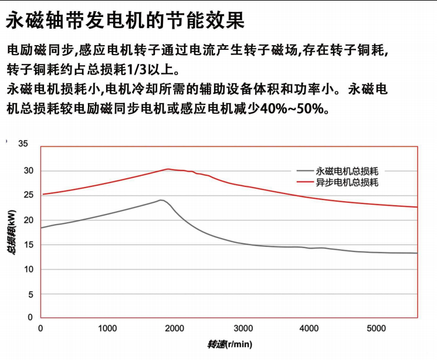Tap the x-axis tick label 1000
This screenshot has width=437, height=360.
point(107,328)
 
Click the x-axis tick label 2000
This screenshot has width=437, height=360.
point(175,328)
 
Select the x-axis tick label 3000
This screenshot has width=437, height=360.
point(242,328)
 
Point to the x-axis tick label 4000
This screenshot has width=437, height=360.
point(309,328)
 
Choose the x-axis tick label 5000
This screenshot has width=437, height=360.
point(377,328)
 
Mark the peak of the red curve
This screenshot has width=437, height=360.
point(168,169)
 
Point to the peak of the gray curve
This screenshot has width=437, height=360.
point(161,200)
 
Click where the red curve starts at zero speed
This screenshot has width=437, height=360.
point(41,194)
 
